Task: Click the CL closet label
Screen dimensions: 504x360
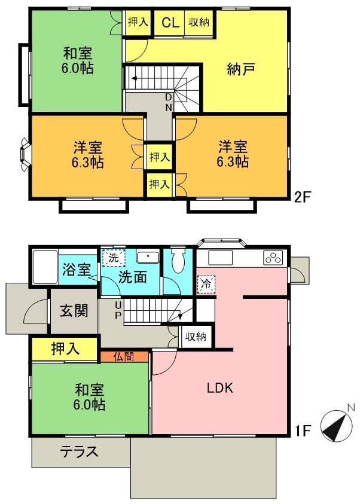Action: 170,23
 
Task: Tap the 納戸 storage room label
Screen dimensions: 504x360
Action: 241,69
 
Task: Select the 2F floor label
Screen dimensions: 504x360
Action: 303,197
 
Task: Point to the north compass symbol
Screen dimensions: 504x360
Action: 337,425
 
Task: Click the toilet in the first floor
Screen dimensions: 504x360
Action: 177,261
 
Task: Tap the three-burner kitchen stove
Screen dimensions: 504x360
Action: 273,258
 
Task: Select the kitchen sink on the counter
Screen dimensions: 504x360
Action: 219,258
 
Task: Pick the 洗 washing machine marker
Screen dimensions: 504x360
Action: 112,258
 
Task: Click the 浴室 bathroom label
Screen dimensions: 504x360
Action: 73,268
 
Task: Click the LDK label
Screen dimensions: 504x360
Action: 219,387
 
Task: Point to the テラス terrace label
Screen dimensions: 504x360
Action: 79,452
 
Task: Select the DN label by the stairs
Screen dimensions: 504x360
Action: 169,102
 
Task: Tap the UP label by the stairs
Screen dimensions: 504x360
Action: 118,310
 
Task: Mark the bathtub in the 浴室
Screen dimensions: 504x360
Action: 44,267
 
